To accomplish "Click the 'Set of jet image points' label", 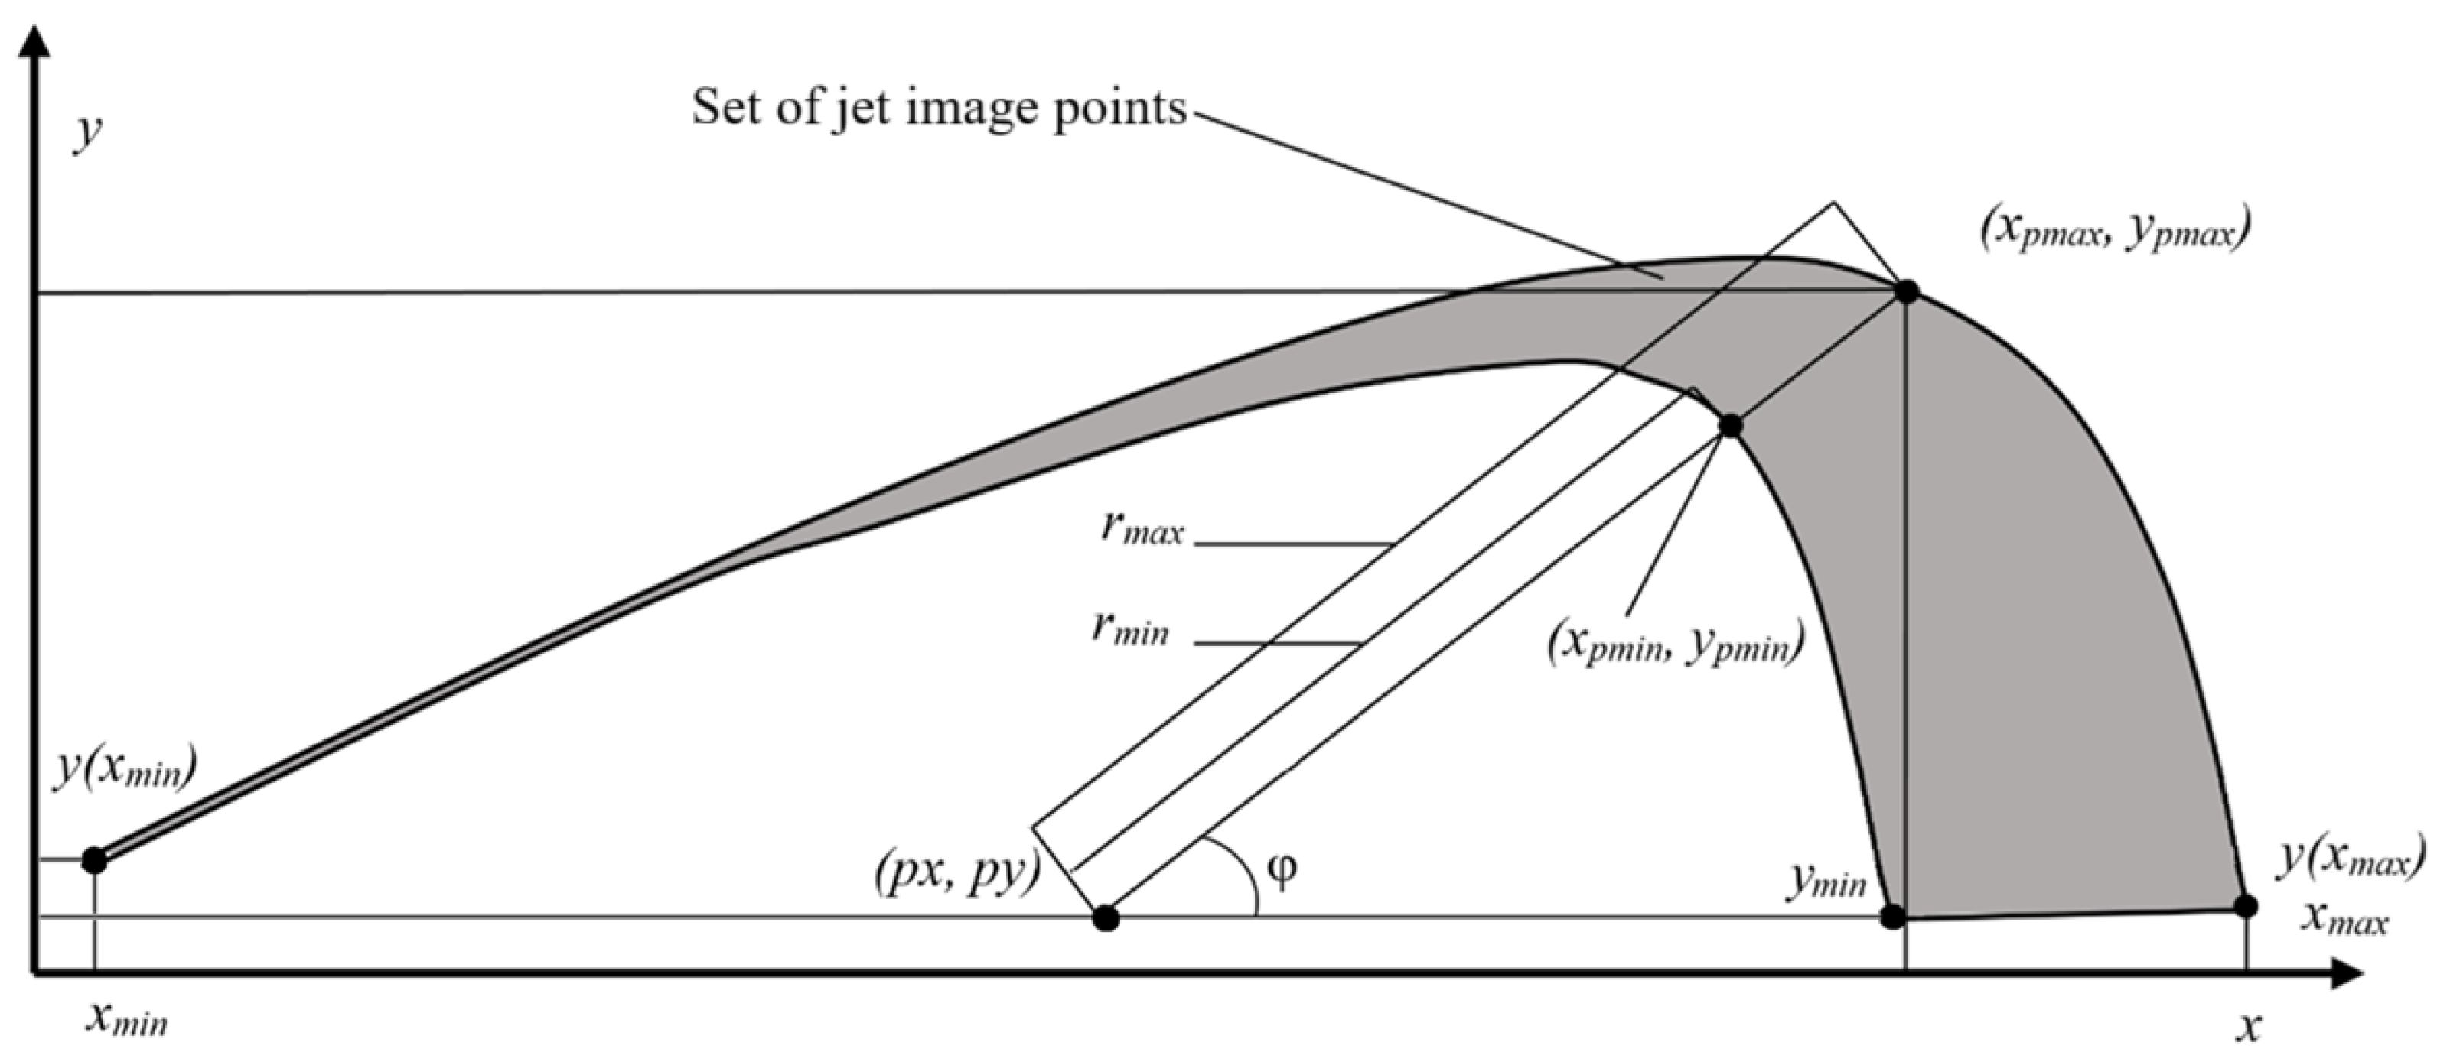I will click(939, 108).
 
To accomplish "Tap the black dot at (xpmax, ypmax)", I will click(1906, 291).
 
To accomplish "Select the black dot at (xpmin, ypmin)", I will click(1730, 425).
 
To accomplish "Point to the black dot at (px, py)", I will click(1104, 918).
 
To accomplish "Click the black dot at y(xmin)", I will click(94, 860).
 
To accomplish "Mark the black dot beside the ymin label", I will click(1893, 917).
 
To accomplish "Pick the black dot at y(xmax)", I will click(2246, 905).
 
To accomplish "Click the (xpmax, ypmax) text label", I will click(2113, 231).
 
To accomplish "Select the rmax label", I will click(1142, 528).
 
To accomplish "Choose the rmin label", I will click(1131, 629).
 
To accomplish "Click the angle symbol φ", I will click(1282, 871).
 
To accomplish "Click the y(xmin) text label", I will click(125, 766).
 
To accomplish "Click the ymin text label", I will click(1826, 882).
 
